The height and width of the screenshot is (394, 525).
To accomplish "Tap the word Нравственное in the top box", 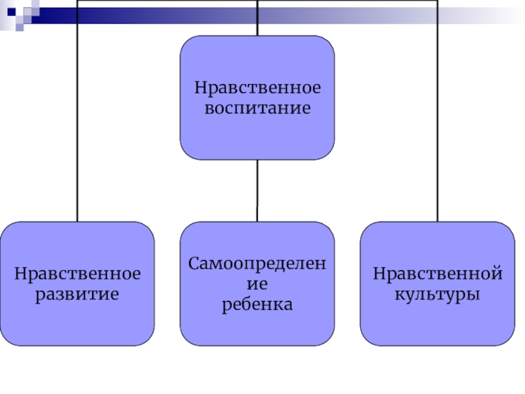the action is pos(257,88).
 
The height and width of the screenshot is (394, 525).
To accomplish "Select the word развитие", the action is pos(77,293).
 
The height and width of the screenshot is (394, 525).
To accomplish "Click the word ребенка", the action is pos(257,305).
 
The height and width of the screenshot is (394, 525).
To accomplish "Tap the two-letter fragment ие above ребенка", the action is pos(257,284).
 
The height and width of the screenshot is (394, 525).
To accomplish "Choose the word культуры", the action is pos(437,293).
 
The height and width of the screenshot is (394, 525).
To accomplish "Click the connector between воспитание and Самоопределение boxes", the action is pos(257,190).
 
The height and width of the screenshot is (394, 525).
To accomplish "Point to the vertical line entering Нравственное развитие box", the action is pos(77,131).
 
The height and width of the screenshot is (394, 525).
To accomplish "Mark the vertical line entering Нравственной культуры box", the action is pos(437,131).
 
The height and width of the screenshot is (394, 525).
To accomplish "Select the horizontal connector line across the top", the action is pos(164,1).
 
